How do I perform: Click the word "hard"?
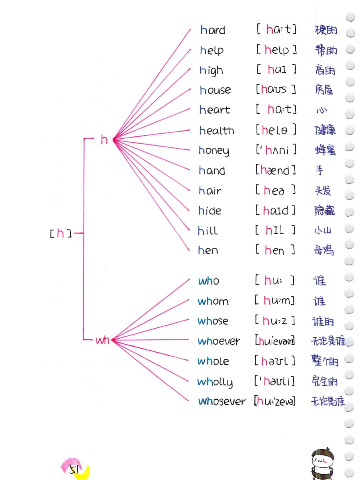[x=213, y=30]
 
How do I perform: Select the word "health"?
[x=217, y=131]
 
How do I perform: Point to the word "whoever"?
[x=218, y=341]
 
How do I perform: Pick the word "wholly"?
[x=215, y=382]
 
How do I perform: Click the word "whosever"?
[x=222, y=401]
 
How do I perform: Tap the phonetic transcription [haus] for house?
[x=276, y=89]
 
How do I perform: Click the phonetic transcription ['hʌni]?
[x=276, y=150]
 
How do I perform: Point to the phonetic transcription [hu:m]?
[x=275, y=300]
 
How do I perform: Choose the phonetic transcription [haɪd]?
[x=275, y=211]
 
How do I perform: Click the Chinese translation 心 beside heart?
[x=322, y=110]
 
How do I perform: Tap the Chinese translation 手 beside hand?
[x=319, y=170]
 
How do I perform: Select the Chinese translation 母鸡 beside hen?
[x=323, y=250]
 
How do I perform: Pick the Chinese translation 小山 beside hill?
[x=323, y=230]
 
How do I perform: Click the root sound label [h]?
[x=60, y=233]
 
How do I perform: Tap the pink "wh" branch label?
[x=102, y=340]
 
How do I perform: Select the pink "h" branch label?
[x=104, y=140]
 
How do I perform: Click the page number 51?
[x=74, y=469]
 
